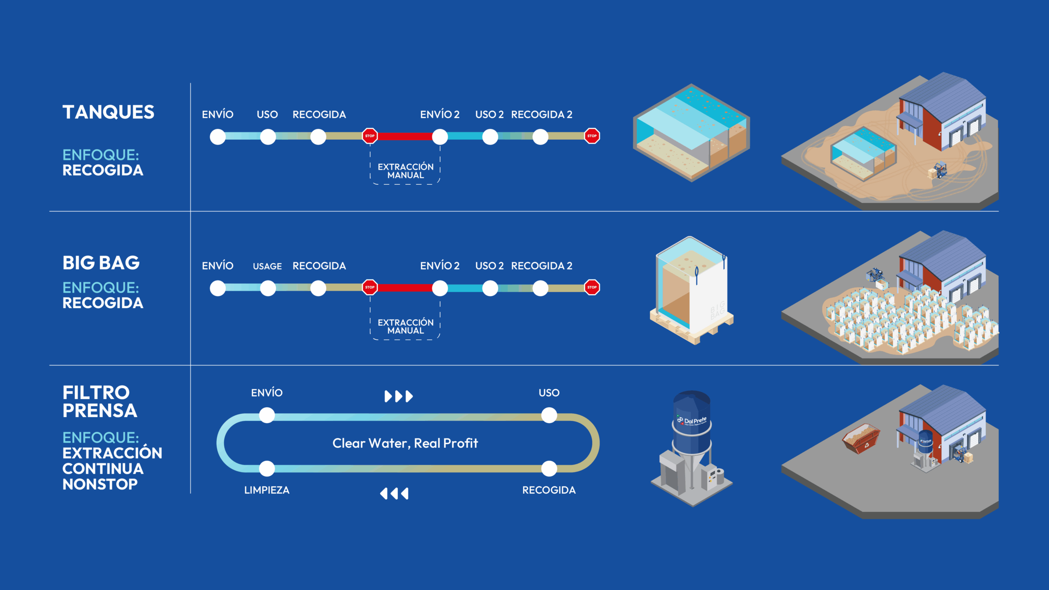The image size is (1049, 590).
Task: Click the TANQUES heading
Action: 108,112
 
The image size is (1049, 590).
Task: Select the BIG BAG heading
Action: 101,263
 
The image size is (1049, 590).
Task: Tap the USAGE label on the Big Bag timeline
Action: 267,266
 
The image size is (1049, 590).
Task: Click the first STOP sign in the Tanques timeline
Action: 370,136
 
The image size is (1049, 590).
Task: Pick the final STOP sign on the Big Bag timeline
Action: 592,287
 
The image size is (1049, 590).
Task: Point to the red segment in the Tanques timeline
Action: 404,136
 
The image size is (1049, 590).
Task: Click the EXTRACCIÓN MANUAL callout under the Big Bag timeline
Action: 405,327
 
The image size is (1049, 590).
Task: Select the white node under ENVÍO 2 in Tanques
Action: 440,136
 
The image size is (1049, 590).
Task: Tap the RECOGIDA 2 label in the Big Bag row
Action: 541,266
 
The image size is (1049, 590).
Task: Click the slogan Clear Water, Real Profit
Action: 405,443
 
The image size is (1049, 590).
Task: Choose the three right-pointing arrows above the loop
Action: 398,396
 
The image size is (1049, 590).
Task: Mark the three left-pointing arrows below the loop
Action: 394,493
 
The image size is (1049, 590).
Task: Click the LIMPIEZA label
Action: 267,490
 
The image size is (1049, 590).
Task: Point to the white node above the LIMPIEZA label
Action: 267,468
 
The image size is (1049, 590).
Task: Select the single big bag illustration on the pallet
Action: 692,291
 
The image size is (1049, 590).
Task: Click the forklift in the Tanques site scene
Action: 940,170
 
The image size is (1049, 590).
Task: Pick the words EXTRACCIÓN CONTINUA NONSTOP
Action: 112,468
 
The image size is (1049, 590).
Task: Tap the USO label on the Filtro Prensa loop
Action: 549,393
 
